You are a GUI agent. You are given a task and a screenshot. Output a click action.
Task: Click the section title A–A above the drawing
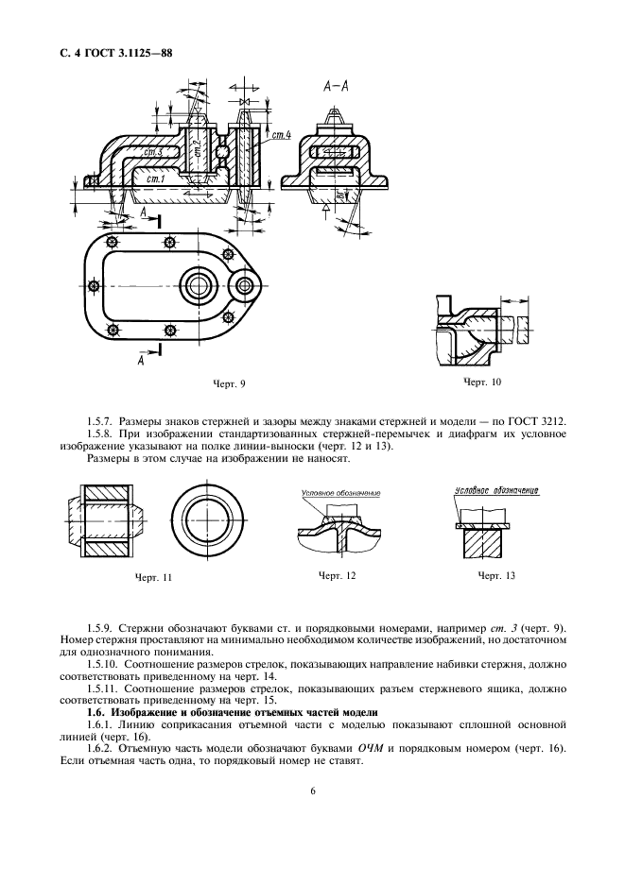338,86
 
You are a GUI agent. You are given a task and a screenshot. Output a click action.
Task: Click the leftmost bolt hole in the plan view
93,285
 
